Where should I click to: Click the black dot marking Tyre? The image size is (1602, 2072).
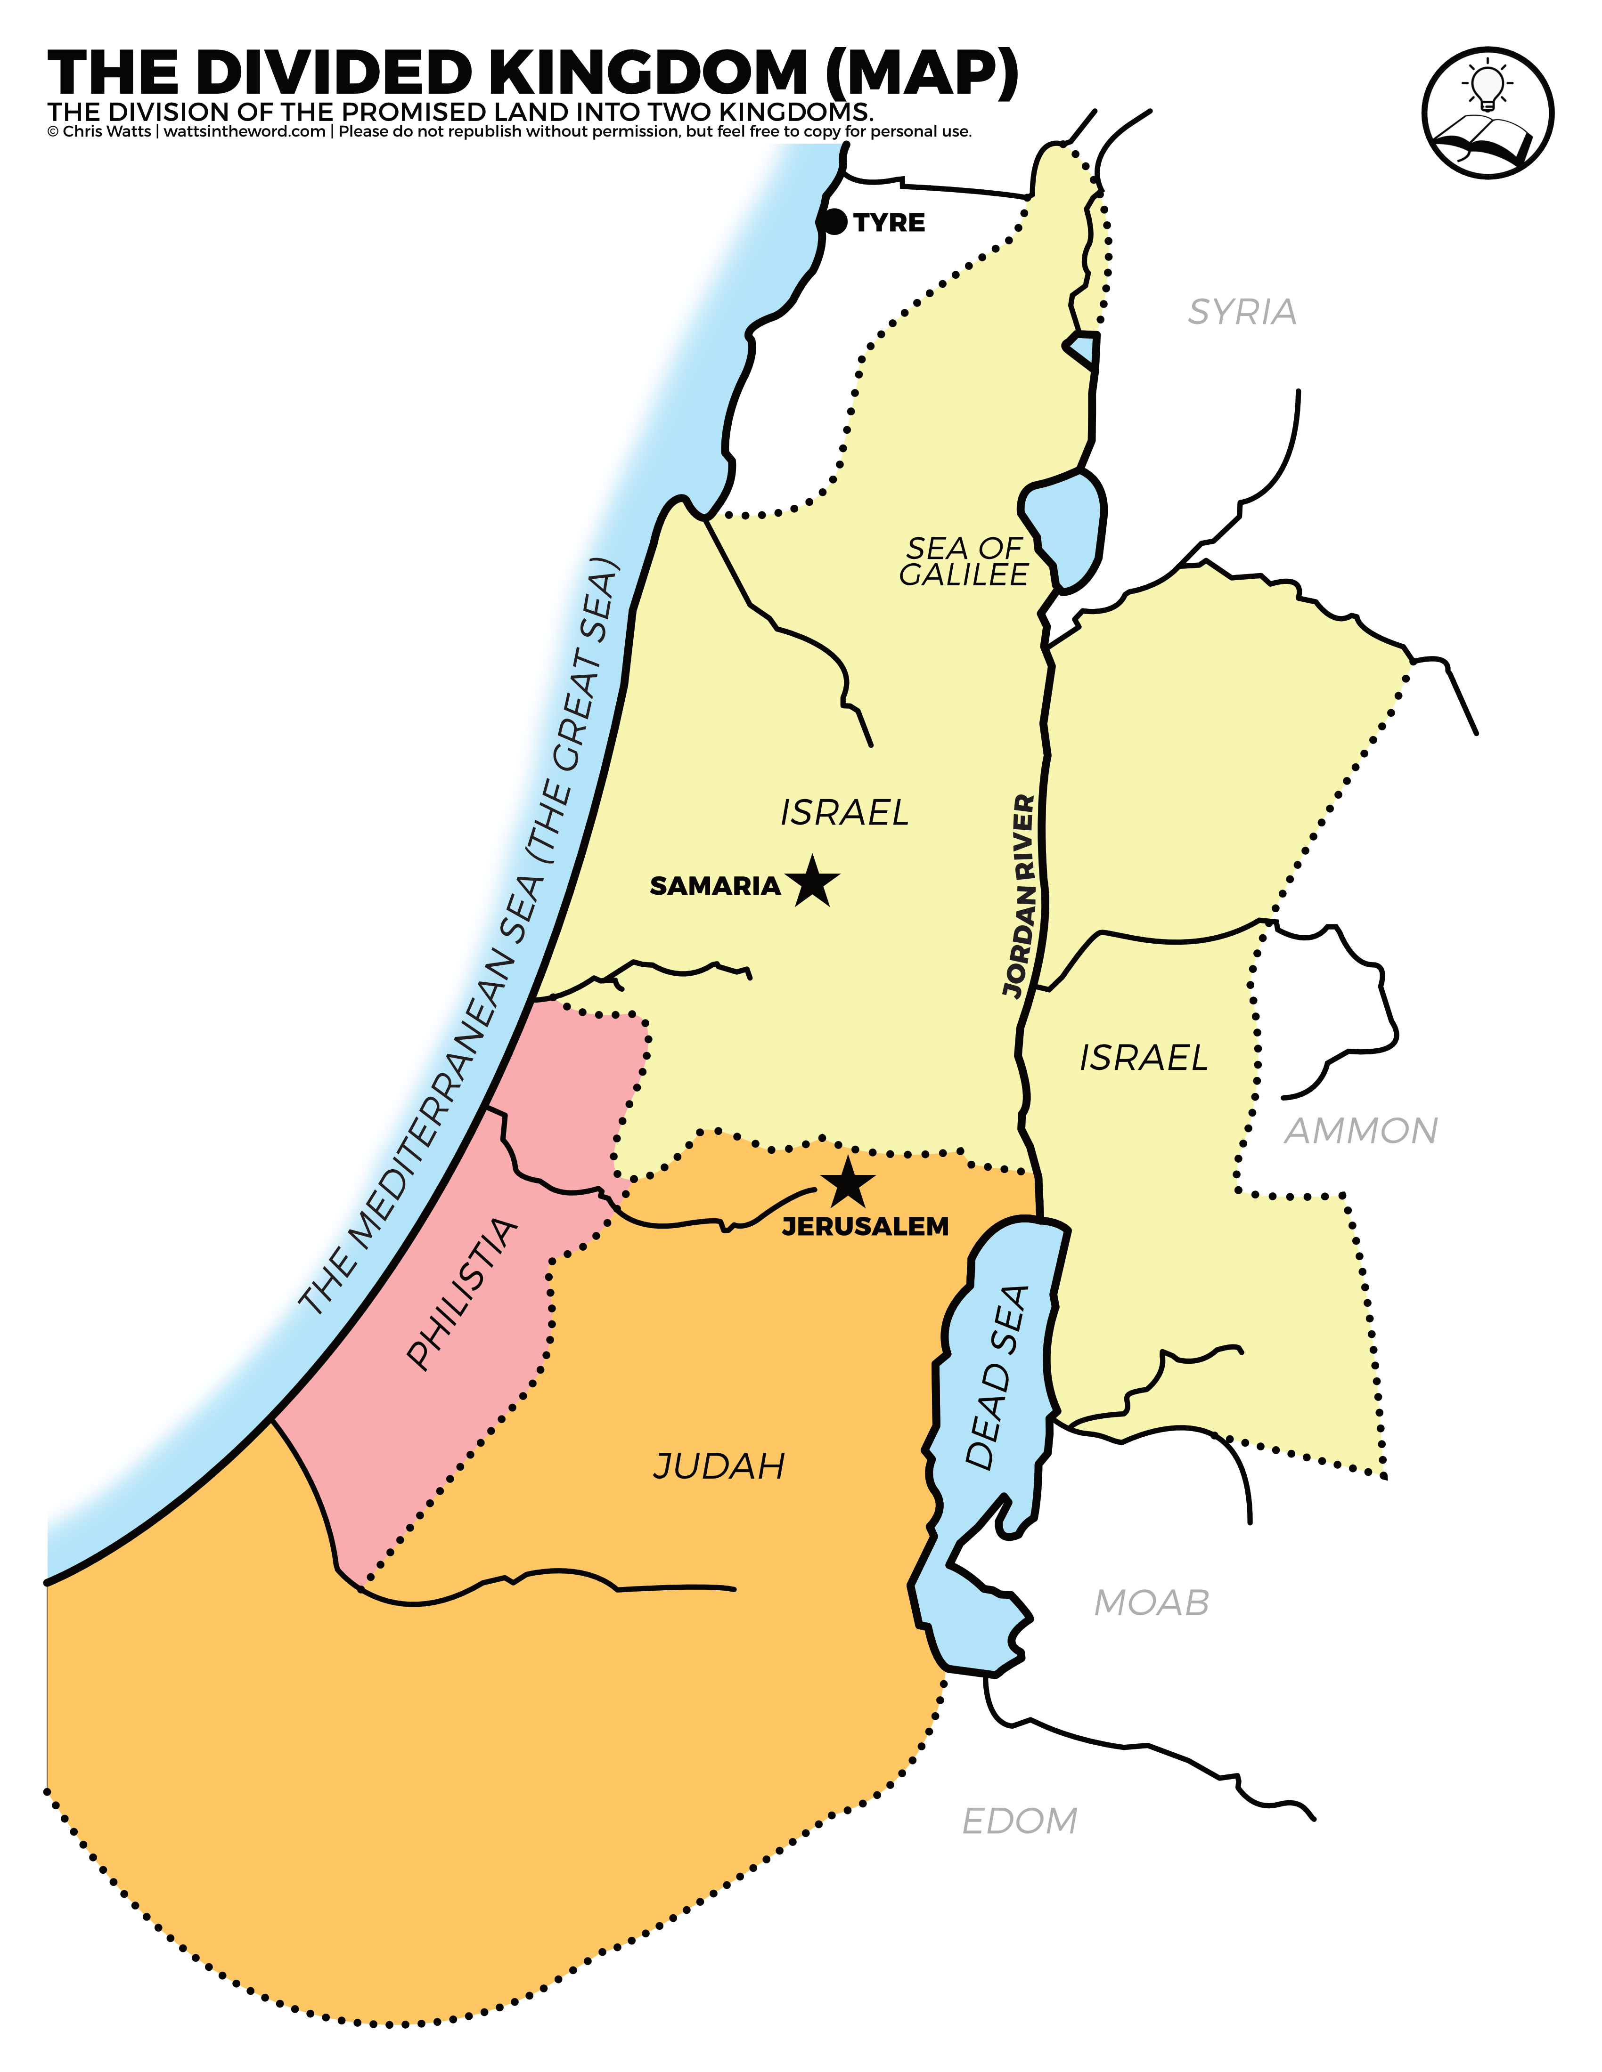[834, 222]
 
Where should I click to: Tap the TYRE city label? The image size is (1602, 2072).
[889, 223]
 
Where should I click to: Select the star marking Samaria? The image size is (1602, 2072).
[812, 882]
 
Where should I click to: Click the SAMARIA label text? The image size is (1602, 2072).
[715, 886]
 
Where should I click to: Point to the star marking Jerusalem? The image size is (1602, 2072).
[848, 1183]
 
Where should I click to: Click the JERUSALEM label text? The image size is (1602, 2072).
[865, 1227]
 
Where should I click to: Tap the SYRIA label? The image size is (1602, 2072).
[1242, 312]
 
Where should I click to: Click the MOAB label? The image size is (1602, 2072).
[1151, 1603]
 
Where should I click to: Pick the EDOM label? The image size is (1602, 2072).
[1019, 1821]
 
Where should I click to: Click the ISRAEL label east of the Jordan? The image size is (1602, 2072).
[1144, 1058]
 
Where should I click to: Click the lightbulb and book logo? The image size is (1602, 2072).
[1487, 112]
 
